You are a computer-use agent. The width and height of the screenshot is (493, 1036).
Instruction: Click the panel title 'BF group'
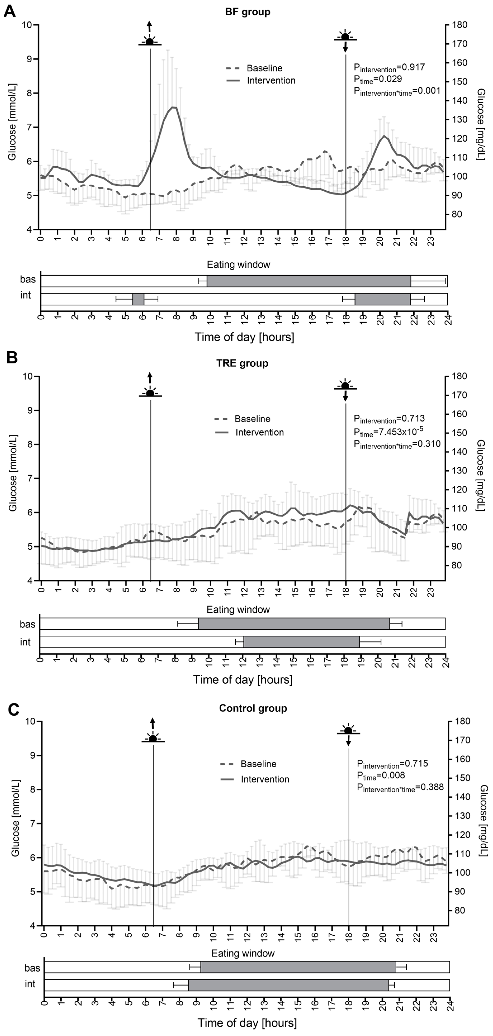point(248,12)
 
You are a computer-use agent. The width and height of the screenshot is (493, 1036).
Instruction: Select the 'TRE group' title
point(242,363)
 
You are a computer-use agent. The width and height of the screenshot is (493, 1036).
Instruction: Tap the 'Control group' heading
point(253,708)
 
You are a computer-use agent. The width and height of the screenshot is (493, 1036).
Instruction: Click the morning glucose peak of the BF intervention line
point(173,107)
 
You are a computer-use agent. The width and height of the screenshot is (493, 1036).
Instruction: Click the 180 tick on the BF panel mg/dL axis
point(459,25)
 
